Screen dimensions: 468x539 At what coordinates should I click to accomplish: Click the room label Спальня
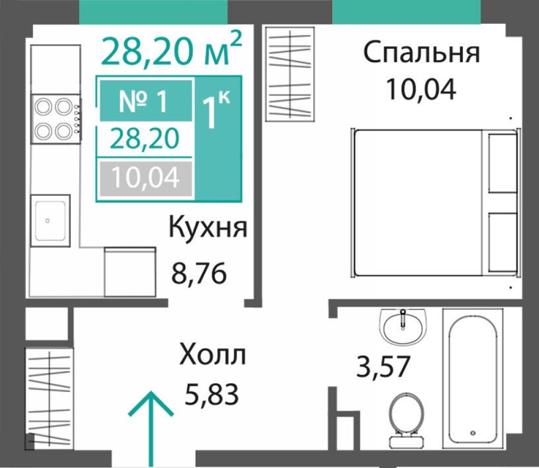tap(421, 54)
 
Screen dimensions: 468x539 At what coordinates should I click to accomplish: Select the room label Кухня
tap(208, 229)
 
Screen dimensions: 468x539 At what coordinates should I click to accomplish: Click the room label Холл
tap(213, 355)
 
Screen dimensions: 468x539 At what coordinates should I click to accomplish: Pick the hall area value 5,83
tap(210, 394)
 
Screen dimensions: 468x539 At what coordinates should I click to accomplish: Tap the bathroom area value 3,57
tap(383, 367)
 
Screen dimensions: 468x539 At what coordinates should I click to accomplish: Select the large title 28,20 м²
tap(171, 50)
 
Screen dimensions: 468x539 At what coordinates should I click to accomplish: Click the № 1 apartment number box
tap(145, 101)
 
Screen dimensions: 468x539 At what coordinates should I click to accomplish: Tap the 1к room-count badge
tap(217, 112)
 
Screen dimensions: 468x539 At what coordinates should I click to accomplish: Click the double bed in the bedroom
tap(433, 203)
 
